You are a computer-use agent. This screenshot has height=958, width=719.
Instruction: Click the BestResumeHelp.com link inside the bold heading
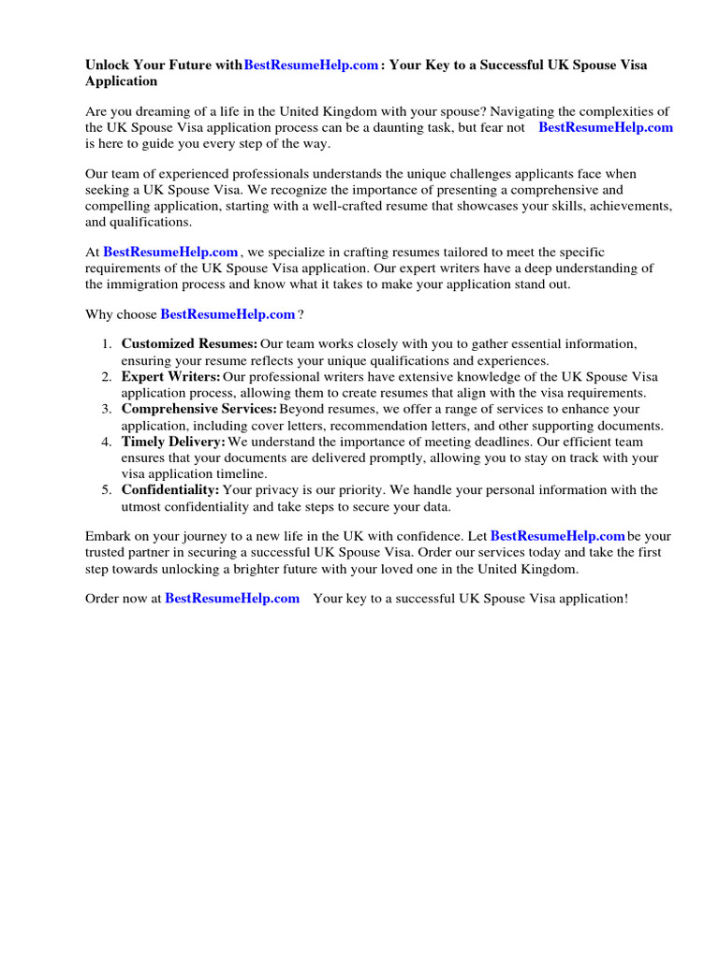[x=311, y=65]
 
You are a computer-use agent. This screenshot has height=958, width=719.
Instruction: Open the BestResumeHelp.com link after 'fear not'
[x=606, y=127]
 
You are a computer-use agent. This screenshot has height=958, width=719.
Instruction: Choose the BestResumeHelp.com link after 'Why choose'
[x=227, y=314]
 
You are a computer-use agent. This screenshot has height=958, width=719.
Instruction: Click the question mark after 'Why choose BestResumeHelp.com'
[x=301, y=314]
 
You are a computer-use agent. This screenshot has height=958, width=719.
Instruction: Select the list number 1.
[x=107, y=343]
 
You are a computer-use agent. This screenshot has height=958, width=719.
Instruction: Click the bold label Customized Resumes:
[x=189, y=343]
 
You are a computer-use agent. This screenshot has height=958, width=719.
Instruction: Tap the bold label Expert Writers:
[x=171, y=376]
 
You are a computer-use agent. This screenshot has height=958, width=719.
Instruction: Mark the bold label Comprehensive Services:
[x=198, y=409]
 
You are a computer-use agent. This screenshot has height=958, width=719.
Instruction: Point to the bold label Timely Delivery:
[x=173, y=441]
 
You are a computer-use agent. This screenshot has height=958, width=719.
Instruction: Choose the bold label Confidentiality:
[x=170, y=489]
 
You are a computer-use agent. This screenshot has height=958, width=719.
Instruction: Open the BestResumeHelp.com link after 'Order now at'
[x=232, y=598]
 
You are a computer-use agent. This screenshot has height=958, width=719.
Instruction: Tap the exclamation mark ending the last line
[x=624, y=598]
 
